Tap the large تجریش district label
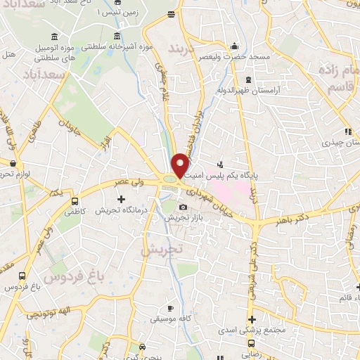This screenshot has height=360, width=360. tap(161, 249)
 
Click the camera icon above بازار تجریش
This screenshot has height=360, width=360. tap(184, 207)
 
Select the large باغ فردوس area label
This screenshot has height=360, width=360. tap(74, 276)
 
